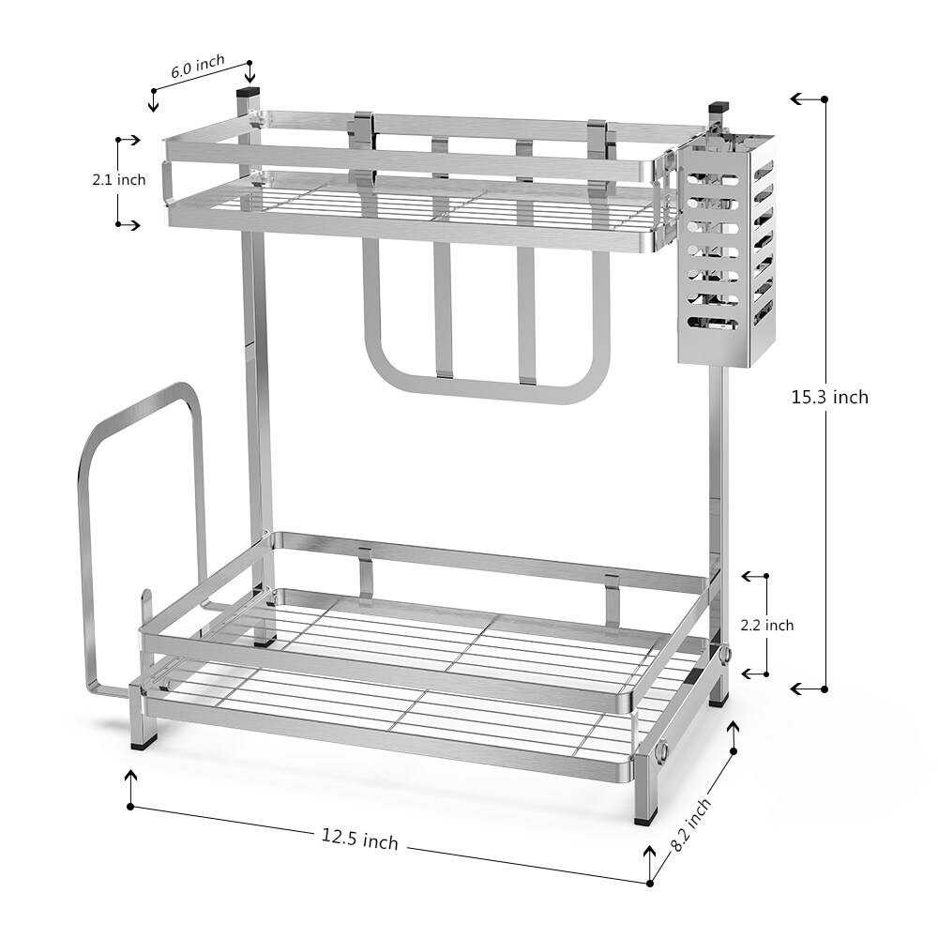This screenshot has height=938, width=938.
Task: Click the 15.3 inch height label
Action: tap(829, 397)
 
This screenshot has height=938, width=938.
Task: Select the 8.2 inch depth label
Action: tap(691, 824)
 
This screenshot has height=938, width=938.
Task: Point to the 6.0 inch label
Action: tap(197, 65)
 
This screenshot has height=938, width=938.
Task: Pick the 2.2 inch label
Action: tap(767, 625)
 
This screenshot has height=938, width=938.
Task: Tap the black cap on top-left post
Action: tap(250, 94)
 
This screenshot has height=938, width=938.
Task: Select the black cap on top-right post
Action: tap(718, 108)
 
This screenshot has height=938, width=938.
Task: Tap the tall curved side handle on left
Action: tap(141, 525)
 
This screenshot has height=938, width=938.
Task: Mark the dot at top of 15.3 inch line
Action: tap(825, 98)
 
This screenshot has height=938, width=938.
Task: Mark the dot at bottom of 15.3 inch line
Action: tap(825, 688)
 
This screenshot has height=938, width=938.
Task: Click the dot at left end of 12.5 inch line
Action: tap(131, 806)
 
